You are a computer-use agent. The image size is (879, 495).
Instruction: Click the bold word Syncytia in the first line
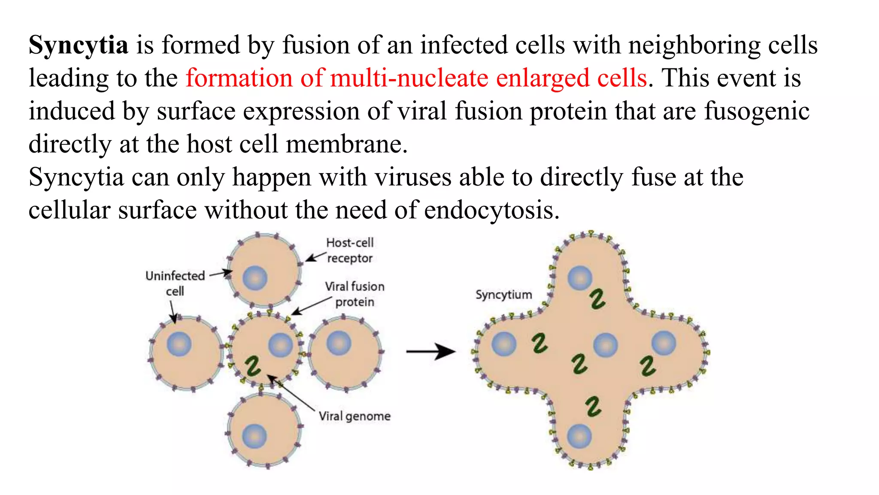78,45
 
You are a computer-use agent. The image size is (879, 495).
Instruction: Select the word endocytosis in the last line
492,211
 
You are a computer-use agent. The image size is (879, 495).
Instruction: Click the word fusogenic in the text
757,111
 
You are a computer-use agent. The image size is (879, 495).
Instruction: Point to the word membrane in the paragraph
347,144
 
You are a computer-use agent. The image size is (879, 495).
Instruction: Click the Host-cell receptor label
350,251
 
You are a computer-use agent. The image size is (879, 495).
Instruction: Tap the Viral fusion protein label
355,294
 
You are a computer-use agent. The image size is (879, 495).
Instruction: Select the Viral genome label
355,416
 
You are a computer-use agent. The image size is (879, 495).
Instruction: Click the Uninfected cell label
175,283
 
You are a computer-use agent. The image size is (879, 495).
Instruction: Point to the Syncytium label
503,295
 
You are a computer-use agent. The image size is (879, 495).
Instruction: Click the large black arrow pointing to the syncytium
430,351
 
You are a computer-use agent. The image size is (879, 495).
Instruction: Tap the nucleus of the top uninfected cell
255,278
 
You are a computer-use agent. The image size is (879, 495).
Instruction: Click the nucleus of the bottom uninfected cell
255,436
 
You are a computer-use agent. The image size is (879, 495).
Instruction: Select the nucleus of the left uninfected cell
179,344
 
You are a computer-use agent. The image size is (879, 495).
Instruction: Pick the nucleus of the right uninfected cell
339,343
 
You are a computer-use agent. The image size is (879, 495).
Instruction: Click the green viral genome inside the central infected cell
253,366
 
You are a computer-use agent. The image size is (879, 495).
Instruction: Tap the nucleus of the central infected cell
281,345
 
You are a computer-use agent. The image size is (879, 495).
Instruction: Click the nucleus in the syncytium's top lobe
580,278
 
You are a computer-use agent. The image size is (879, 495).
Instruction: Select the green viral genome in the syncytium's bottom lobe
594,406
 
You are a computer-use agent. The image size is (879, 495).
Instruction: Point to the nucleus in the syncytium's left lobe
504,344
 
